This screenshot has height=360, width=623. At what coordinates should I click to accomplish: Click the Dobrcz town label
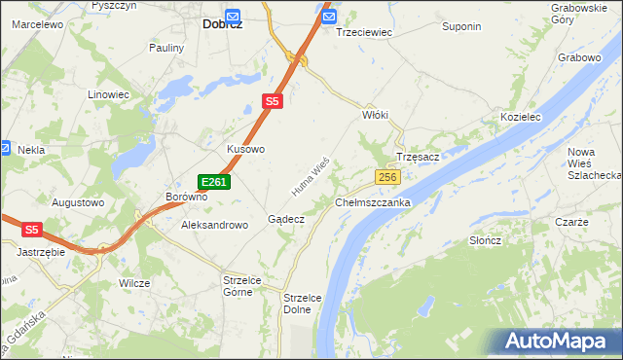coord(223,25)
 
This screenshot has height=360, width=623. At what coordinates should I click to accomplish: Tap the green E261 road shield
coord(214,182)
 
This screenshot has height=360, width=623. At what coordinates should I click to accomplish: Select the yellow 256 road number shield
coord(387,176)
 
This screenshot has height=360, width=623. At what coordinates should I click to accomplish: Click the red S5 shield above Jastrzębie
coord(32,230)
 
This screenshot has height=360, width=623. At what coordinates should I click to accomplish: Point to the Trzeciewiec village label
coord(363,32)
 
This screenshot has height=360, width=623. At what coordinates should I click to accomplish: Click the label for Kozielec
coord(520,117)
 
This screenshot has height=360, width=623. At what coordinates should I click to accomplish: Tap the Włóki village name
coord(376,115)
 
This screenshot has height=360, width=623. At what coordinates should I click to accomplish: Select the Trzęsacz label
coord(420,158)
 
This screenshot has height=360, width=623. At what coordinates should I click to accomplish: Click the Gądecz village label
coord(286,220)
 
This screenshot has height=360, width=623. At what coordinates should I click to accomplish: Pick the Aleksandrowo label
coord(215,225)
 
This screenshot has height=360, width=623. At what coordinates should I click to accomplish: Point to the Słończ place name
coord(485,240)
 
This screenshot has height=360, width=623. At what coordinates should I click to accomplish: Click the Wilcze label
coord(134,283)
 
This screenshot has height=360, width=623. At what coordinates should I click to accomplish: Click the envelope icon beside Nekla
coord(5,150)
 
